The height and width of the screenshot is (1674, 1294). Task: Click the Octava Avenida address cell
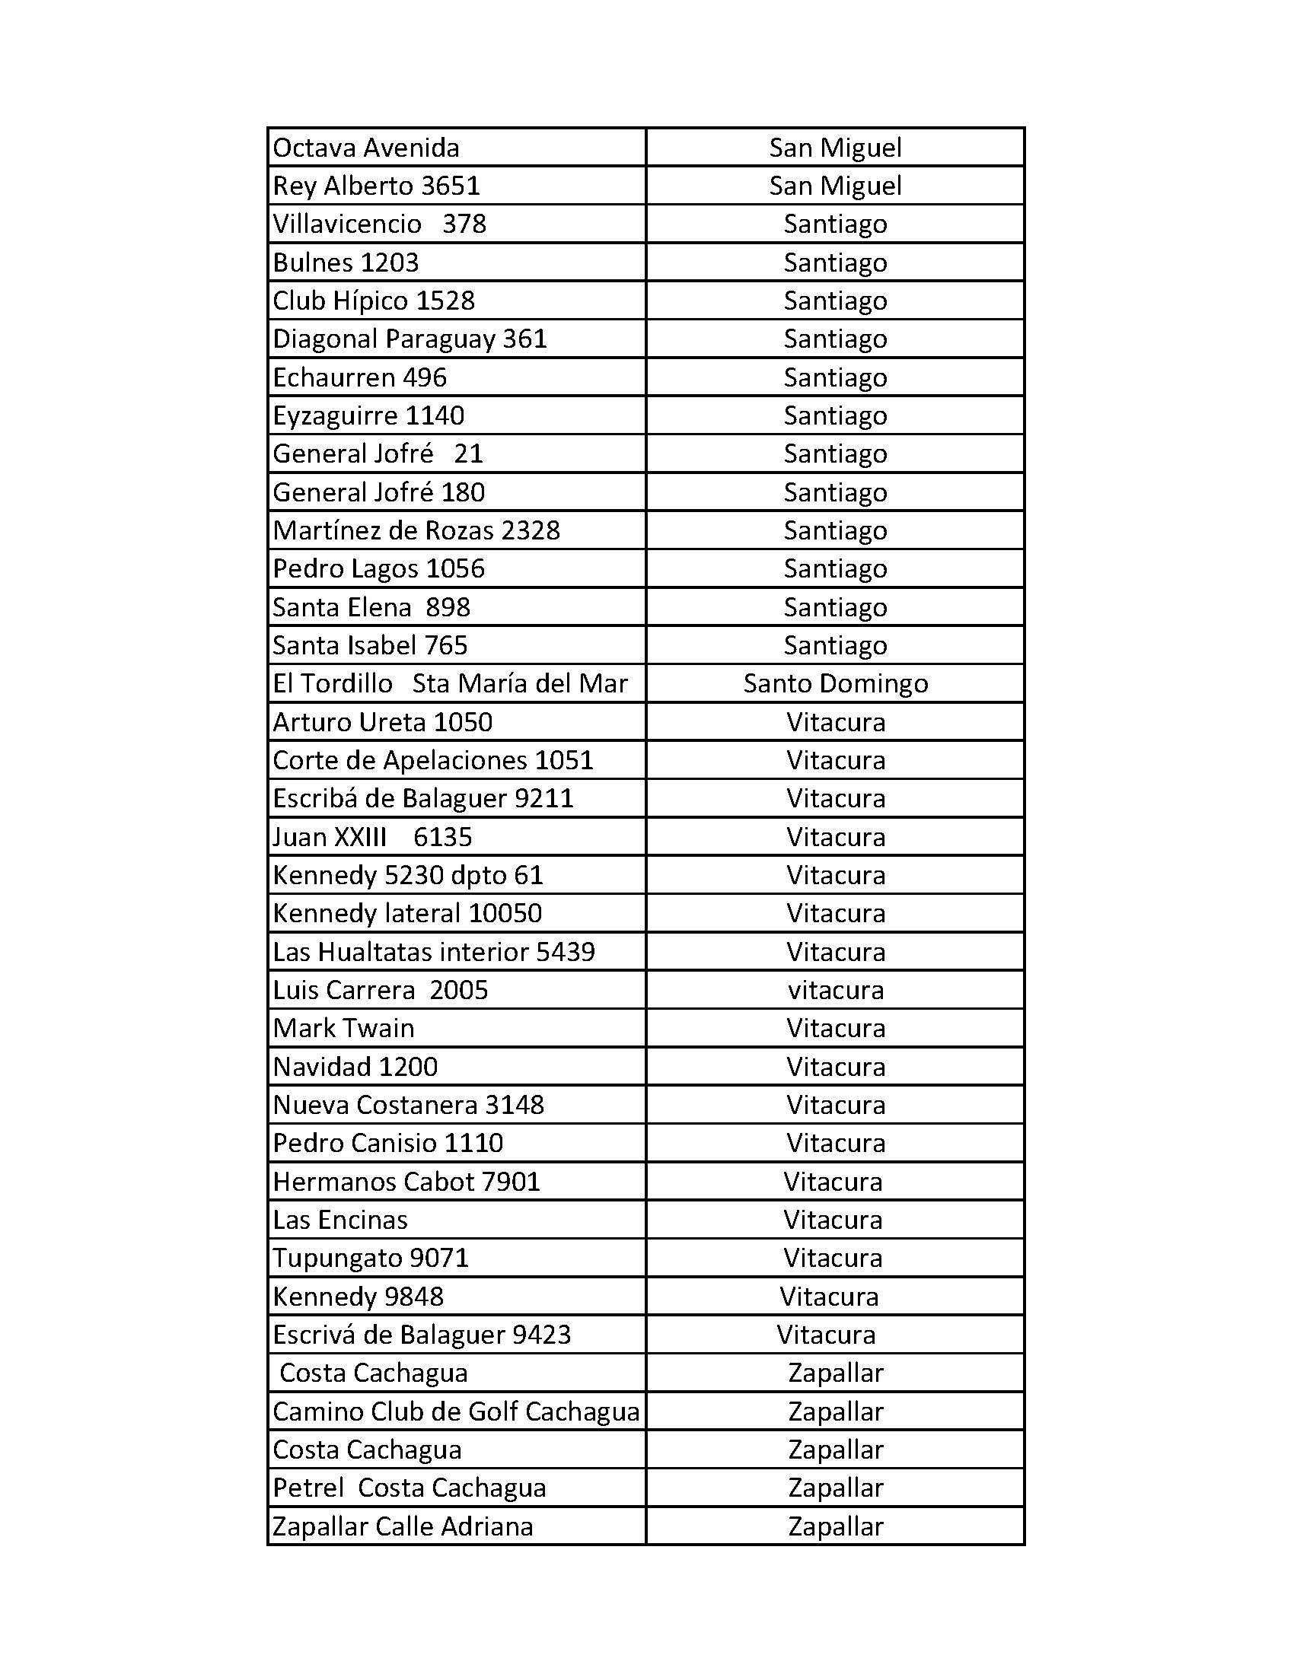366,148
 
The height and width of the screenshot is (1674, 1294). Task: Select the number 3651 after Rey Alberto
451,186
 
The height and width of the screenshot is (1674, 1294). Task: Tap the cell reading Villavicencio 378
380,224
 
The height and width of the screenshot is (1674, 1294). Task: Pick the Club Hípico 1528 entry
374,301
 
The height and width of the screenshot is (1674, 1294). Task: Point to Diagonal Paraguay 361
410,339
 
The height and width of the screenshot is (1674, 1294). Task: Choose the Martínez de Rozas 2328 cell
416,530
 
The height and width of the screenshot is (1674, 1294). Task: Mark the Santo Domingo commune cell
836,684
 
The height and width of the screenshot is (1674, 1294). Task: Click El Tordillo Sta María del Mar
450,684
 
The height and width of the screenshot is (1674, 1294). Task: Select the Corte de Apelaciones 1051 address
433,760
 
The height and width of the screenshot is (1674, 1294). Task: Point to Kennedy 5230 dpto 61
408,875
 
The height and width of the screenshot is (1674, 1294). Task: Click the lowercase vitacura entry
836,990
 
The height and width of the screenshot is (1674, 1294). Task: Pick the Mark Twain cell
343,1029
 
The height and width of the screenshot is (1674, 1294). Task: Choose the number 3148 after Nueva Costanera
515,1106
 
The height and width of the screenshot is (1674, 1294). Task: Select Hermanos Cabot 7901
406,1182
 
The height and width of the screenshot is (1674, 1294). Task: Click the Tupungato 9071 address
371,1259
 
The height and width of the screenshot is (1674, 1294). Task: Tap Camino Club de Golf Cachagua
456,1411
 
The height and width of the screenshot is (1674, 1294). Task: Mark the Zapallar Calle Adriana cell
403,1527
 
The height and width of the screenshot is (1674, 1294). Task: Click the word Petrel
308,1488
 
